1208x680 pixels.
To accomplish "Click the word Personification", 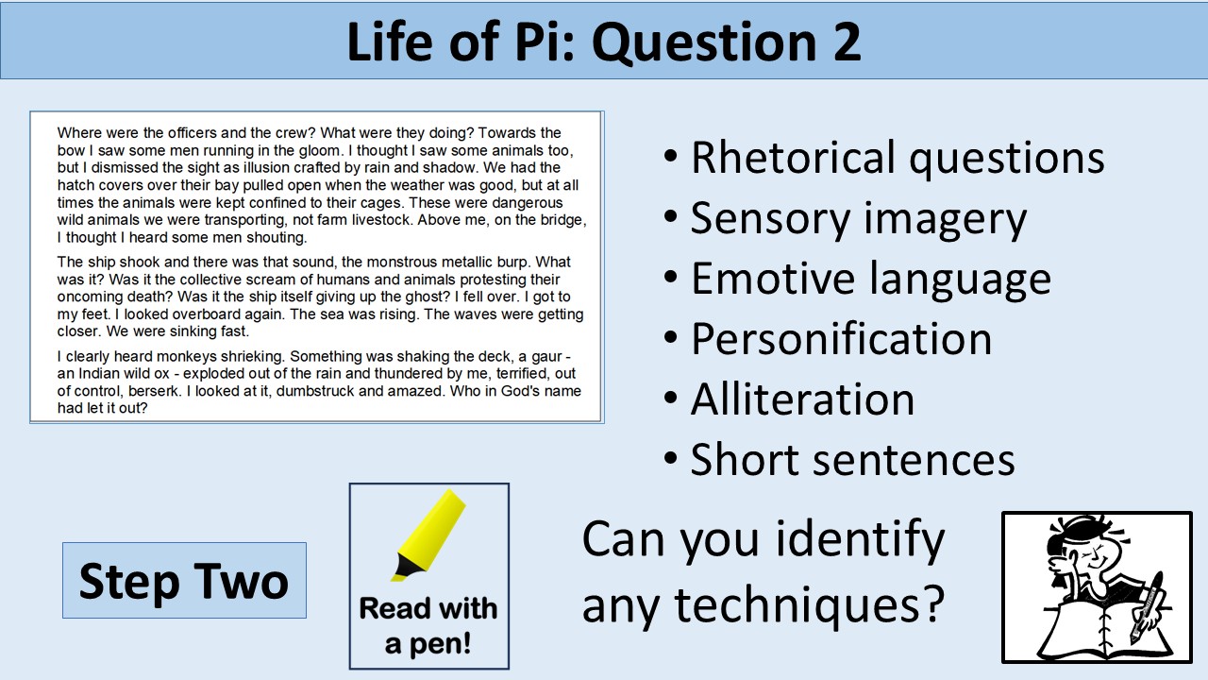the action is tap(841, 339).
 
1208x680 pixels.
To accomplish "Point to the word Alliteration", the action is tap(802, 399).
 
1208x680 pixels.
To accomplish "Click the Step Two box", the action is tap(184, 580).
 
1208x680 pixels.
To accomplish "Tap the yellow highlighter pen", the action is tap(429, 535).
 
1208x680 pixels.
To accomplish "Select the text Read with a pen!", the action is tap(428, 625).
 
